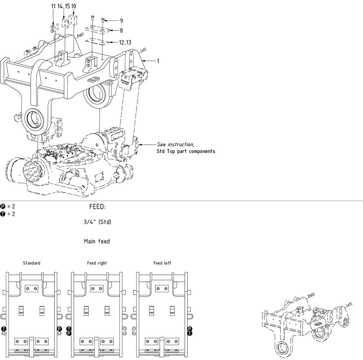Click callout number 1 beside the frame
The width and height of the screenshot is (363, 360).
click(x=158, y=61)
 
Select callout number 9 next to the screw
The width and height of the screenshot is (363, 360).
click(x=121, y=21)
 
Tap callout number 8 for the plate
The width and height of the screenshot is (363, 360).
click(x=121, y=30)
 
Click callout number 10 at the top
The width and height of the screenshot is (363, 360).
click(x=73, y=6)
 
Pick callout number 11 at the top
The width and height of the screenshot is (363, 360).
click(x=53, y=6)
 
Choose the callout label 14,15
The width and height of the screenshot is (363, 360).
click(x=63, y=6)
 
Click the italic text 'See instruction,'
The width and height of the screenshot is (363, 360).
click(x=176, y=145)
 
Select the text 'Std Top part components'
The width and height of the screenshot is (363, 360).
click(x=186, y=151)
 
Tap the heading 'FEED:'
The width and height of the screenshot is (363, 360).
click(x=97, y=207)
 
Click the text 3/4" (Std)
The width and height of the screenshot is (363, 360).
click(x=97, y=222)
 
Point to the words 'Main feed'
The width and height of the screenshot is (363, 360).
click(x=97, y=241)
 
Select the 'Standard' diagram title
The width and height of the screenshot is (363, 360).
click(x=32, y=263)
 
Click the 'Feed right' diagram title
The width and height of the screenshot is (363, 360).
click(x=97, y=263)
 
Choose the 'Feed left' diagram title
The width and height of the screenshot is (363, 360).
click(x=162, y=263)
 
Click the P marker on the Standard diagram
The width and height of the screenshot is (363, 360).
click(x=59, y=329)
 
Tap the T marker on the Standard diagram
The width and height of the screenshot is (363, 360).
click(x=4, y=329)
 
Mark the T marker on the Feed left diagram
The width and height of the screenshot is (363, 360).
click(x=190, y=333)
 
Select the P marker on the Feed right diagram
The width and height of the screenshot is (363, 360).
click(x=69, y=333)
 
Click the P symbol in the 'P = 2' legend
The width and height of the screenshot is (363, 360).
click(x=3, y=207)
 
